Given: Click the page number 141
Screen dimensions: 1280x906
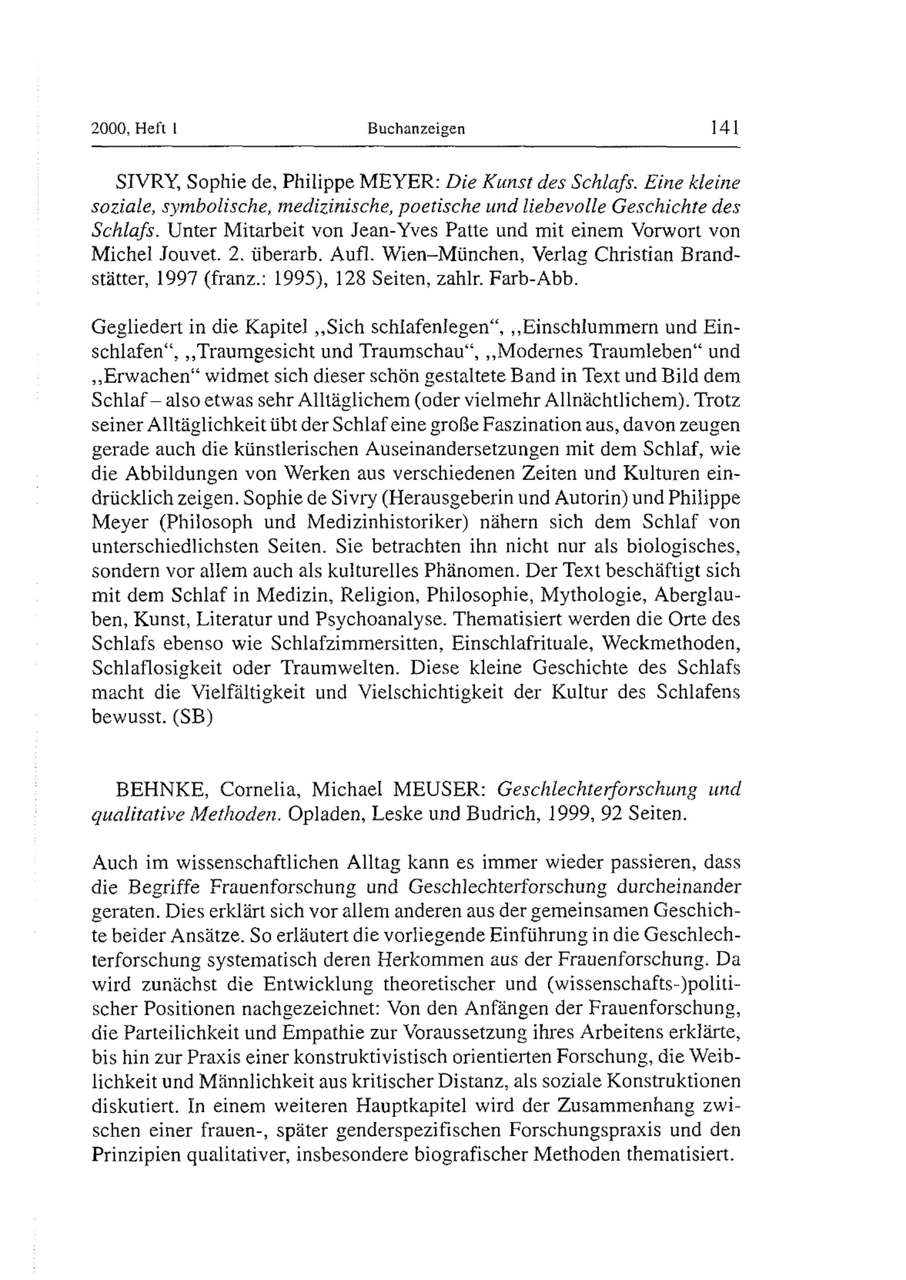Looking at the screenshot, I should coord(725,128).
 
